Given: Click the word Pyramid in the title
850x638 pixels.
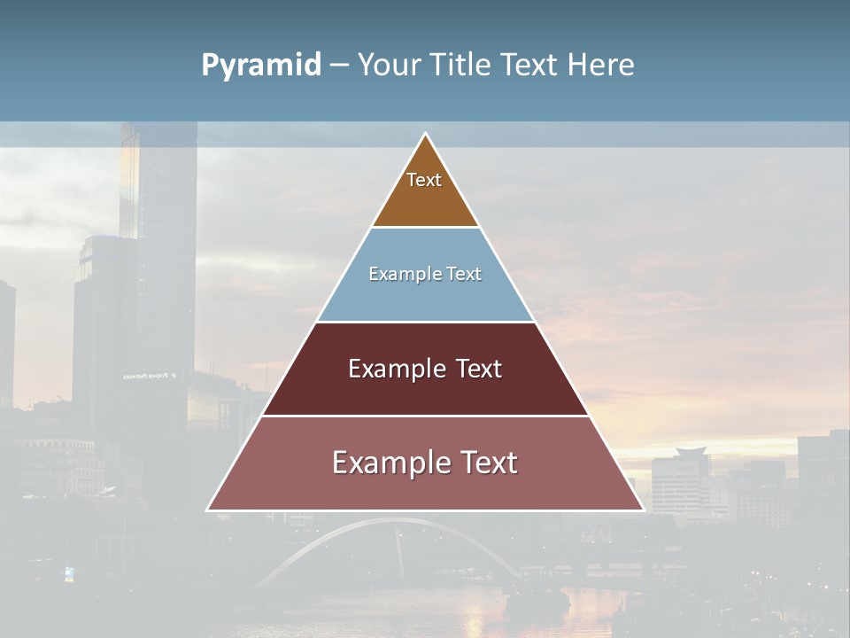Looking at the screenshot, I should (261, 66).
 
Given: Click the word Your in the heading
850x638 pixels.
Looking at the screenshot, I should (390, 65).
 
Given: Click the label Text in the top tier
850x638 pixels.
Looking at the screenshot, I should (424, 180).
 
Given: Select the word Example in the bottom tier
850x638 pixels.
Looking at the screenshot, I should (387, 463).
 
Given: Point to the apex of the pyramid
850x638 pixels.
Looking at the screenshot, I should (426, 135).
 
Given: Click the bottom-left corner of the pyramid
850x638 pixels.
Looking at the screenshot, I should (209, 509).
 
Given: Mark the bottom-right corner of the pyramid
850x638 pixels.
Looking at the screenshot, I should (642, 509).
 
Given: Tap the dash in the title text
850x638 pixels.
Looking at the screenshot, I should (339, 65).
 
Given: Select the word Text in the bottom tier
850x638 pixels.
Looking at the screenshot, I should (486, 463).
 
